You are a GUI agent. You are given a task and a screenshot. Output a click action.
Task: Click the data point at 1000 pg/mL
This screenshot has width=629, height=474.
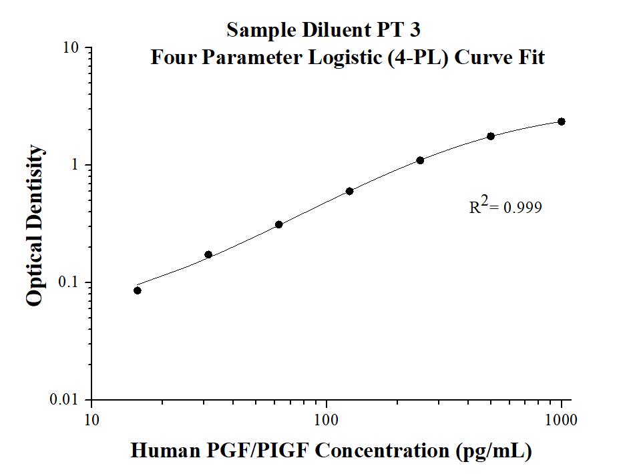(x=562, y=122)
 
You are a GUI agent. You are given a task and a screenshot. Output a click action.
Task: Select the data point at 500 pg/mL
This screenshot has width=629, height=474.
(x=491, y=136)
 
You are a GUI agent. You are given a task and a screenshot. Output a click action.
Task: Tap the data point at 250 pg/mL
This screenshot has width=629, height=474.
(x=420, y=160)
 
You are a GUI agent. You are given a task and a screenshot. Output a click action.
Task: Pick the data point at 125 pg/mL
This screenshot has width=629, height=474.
(x=349, y=191)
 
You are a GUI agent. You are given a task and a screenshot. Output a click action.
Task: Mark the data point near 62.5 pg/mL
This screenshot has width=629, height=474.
(x=278, y=224)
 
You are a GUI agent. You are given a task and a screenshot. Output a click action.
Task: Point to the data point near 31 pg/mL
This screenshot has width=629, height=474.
(x=208, y=254)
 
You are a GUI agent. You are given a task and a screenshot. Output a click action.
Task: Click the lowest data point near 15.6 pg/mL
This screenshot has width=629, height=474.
(x=138, y=290)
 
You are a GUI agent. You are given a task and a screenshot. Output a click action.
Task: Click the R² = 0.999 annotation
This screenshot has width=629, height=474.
(x=505, y=207)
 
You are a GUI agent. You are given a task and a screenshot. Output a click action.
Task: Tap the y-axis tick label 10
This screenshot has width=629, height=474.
(x=71, y=48)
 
